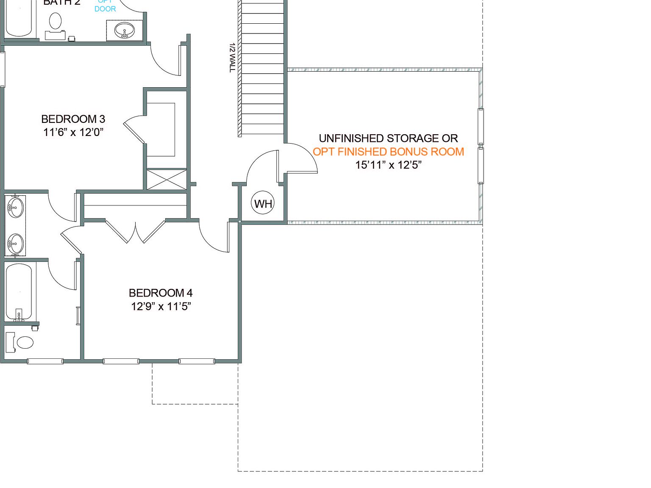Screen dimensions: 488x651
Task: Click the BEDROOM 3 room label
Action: pyautogui.click(x=73, y=119)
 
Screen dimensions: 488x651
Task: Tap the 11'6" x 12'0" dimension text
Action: pyautogui.click(x=73, y=132)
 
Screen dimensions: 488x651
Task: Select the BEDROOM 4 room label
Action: pyautogui.click(x=161, y=293)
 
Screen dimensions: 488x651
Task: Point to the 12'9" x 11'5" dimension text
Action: pyautogui.click(x=161, y=306)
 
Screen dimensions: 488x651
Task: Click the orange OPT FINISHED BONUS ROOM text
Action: pyautogui.click(x=388, y=152)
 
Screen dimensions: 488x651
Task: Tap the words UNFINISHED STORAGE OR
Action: pyautogui.click(x=388, y=139)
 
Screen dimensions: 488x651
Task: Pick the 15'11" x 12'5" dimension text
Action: pyautogui.click(x=388, y=165)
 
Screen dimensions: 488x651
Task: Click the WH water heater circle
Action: pyautogui.click(x=263, y=203)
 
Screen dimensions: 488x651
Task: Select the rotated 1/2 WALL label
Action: pyautogui.click(x=232, y=57)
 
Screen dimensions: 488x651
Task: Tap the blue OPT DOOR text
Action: pyautogui.click(x=105, y=6)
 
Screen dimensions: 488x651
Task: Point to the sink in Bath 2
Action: pyautogui.click(x=125, y=30)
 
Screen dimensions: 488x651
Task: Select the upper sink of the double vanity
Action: pyautogui.click(x=15, y=208)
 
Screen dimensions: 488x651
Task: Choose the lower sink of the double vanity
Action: pyautogui.click(x=15, y=244)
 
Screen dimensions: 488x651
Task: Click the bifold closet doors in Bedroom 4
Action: pyautogui.click(x=135, y=232)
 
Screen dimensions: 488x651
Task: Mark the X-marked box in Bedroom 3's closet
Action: pyautogui.click(x=167, y=179)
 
